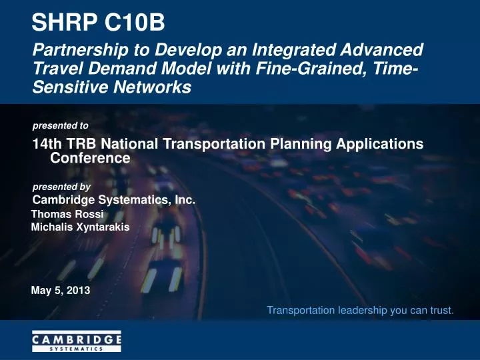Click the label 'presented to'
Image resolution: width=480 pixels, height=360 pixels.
[61, 125]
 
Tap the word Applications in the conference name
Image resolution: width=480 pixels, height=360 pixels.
[379, 144]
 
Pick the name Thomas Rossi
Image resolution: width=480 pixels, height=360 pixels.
[69, 215]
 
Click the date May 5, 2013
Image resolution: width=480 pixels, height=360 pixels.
[61, 290]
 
